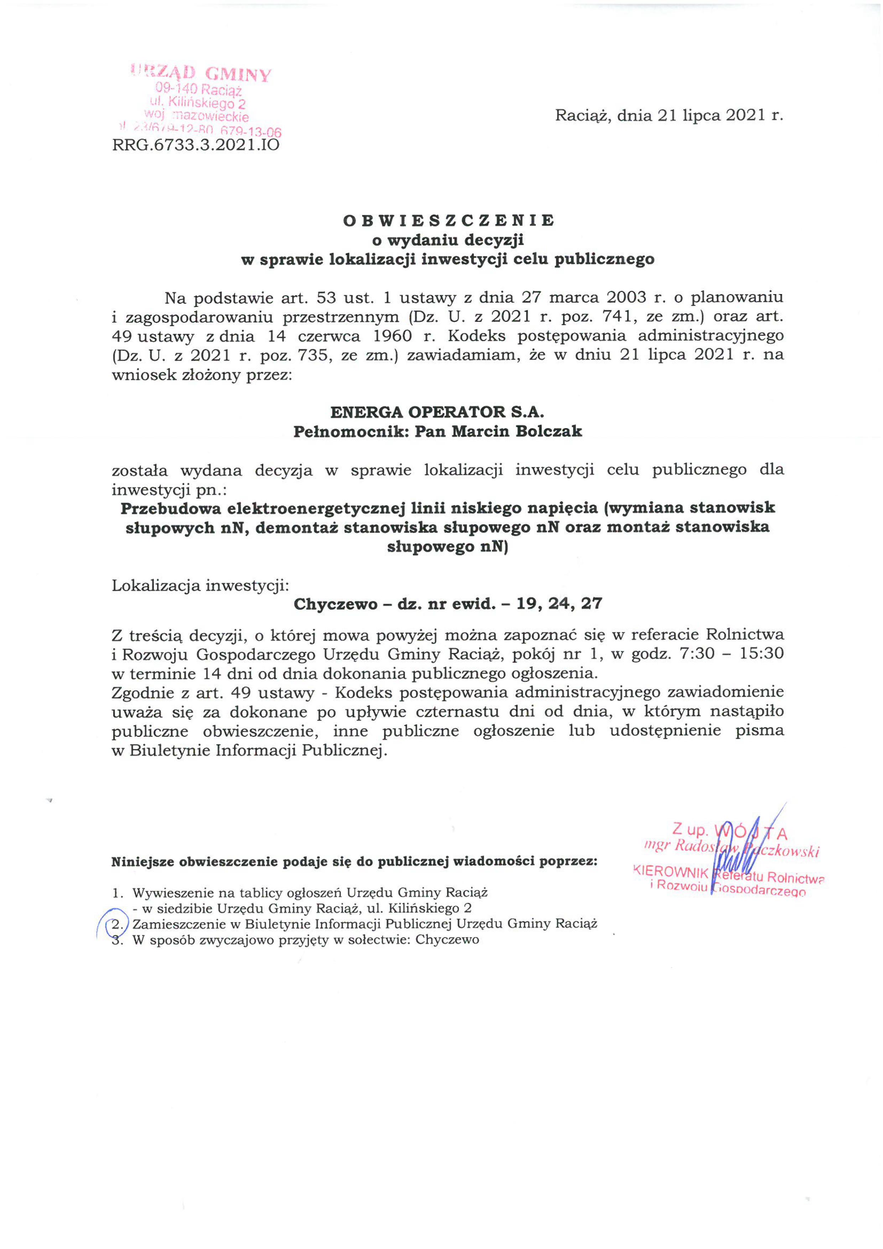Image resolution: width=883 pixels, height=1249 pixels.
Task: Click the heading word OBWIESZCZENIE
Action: [448, 220]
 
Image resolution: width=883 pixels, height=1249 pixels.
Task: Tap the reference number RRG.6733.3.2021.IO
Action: [196, 145]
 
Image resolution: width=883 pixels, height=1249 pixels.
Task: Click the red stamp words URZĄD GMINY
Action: [201, 73]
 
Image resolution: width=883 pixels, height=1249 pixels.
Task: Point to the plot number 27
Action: [592, 604]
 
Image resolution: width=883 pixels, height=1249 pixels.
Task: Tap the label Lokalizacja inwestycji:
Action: [200, 585]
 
